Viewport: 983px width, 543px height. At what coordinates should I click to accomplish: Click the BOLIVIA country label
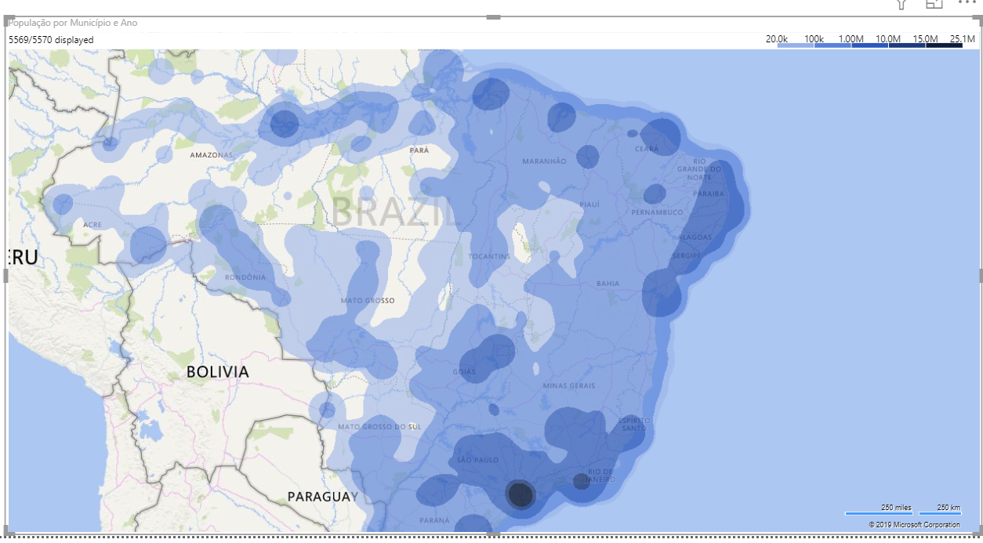pyautogui.click(x=217, y=372)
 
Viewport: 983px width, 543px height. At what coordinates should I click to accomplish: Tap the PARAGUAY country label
pyautogui.click(x=322, y=497)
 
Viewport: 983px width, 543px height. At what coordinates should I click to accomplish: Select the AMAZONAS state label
pyautogui.click(x=212, y=155)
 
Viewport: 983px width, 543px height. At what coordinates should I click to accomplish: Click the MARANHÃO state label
pyautogui.click(x=544, y=161)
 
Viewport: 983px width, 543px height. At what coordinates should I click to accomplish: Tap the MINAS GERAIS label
pyautogui.click(x=569, y=386)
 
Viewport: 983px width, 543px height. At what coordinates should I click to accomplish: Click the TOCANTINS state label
pyautogui.click(x=490, y=256)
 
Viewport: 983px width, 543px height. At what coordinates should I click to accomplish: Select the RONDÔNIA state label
pyautogui.click(x=245, y=277)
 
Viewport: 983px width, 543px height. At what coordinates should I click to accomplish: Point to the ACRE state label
pyautogui.click(x=92, y=225)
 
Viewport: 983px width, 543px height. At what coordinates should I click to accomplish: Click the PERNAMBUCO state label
pyautogui.click(x=657, y=212)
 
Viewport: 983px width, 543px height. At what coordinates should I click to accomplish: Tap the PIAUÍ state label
pyautogui.click(x=589, y=205)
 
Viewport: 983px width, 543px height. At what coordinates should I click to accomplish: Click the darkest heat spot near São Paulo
pyautogui.click(x=521, y=494)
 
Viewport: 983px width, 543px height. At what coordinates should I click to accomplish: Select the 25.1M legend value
pyautogui.click(x=962, y=39)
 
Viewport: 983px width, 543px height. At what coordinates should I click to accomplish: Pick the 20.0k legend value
pyautogui.click(x=777, y=39)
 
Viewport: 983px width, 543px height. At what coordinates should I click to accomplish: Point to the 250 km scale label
pyautogui.click(x=949, y=508)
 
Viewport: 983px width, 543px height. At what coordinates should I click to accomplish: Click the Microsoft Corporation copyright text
pyautogui.click(x=914, y=525)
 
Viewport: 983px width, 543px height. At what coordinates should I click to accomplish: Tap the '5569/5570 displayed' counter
pyautogui.click(x=51, y=40)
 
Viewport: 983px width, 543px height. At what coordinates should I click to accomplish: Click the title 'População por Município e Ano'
pyautogui.click(x=73, y=23)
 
